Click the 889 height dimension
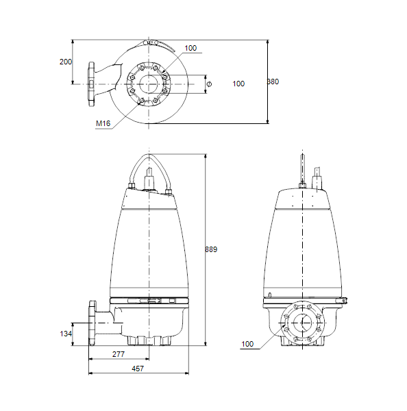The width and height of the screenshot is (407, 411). click(211, 249)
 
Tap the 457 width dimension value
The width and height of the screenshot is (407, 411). click(138, 369)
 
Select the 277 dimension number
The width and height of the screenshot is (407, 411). click(119, 354)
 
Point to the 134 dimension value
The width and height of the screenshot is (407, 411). click(66, 334)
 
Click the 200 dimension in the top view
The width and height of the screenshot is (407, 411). click(66, 62)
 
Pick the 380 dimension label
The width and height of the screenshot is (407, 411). click(273, 82)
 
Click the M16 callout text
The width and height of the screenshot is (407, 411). click(103, 123)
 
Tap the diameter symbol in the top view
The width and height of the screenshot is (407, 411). click(209, 84)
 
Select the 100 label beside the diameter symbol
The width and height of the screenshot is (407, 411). click(238, 84)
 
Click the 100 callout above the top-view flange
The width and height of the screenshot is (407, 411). click(190, 48)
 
